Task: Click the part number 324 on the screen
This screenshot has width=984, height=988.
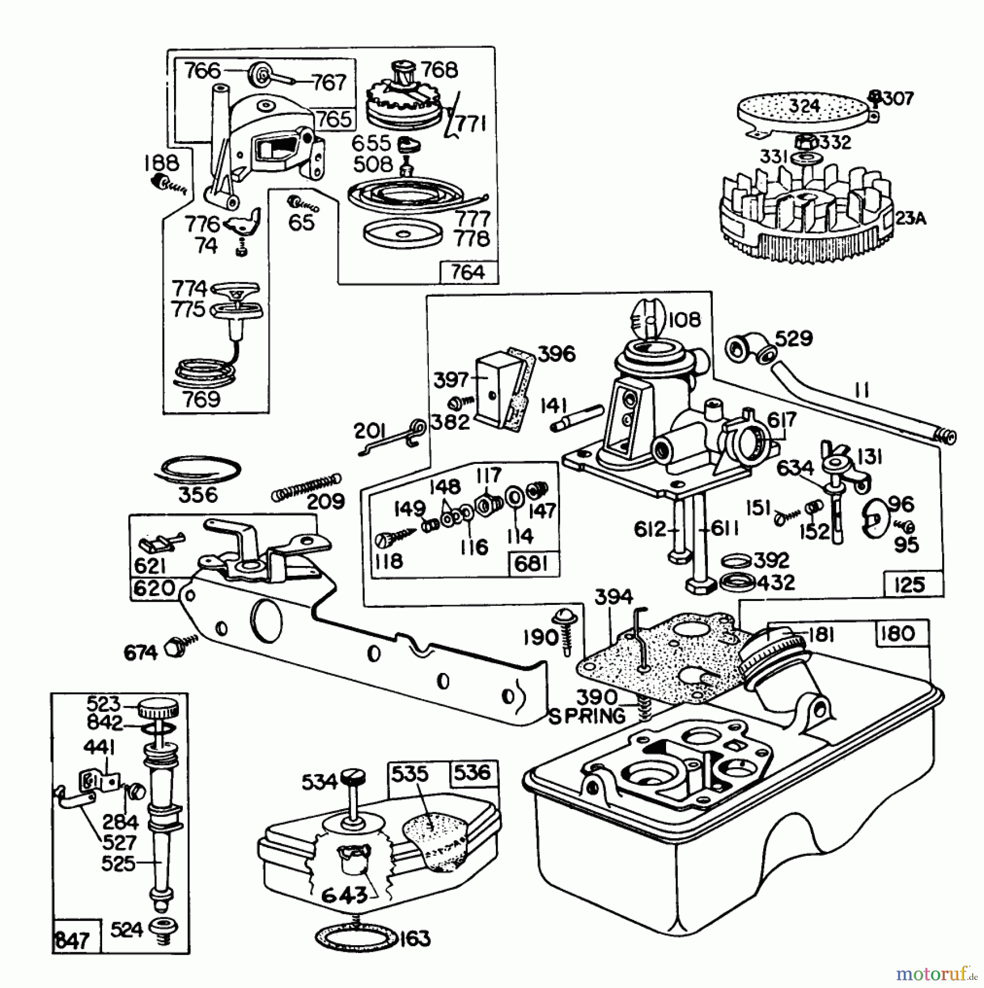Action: click(x=804, y=105)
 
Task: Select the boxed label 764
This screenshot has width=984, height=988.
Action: click(x=468, y=272)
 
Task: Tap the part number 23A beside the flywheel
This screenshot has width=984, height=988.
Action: click(x=910, y=218)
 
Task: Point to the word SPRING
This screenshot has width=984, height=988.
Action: click(x=587, y=716)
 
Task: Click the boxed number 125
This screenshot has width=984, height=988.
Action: click(x=909, y=585)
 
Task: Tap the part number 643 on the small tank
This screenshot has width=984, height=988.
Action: click(x=344, y=895)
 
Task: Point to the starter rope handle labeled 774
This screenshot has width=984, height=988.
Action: click(x=236, y=289)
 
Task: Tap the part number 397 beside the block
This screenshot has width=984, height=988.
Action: click(x=450, y=380)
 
